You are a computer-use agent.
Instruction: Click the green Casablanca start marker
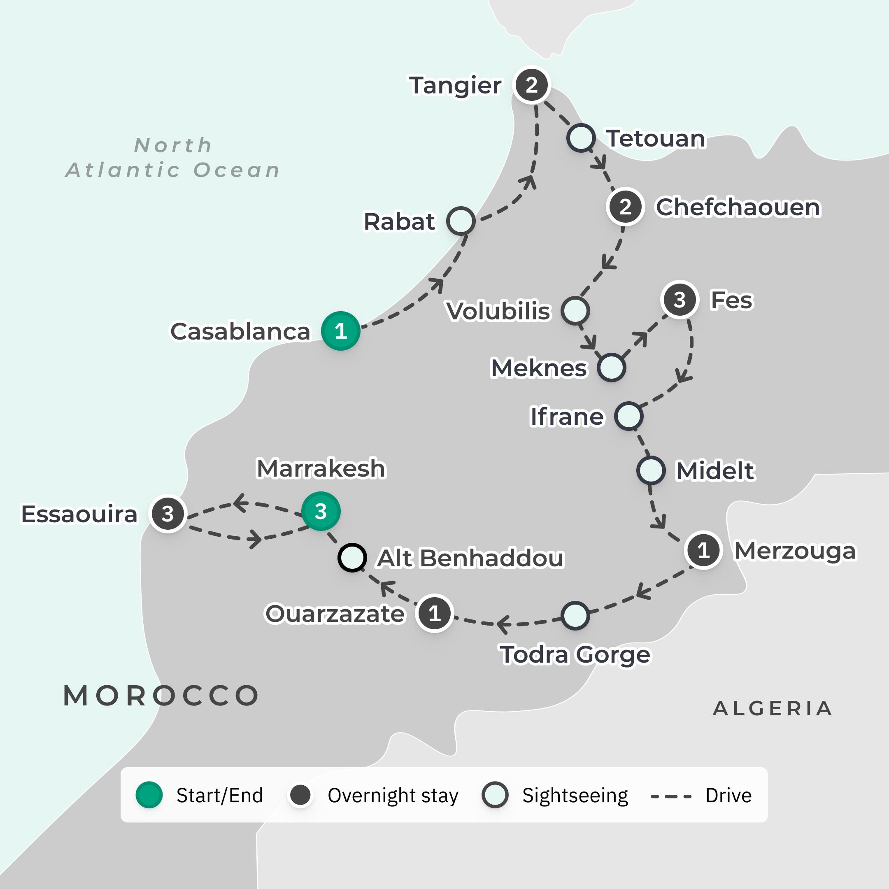tap(340, 331)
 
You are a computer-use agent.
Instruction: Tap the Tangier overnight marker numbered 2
tap(531, 85)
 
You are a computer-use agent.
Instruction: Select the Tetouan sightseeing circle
tap(581, 137)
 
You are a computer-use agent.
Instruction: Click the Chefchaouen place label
tap(738, 207)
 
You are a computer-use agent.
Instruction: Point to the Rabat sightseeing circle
tap(461, 221)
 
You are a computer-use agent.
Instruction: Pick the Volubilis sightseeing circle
tap(575, 311)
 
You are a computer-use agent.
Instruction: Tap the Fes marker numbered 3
tap(679, 300)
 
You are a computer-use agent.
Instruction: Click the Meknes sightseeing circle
tap(611, 368)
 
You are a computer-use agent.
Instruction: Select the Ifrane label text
tap(566, 417)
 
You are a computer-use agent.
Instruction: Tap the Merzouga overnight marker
tap(703, 550)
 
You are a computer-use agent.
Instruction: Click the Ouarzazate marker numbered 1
tap(434, 613)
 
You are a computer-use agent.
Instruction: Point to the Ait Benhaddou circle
tap(352, 558)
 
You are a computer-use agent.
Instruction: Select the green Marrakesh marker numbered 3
tap(321, 511)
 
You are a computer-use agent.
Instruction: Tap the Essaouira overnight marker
tap(168, 514)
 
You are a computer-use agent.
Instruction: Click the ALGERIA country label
tap(773, 709)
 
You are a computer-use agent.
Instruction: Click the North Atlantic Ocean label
tap(173, 157)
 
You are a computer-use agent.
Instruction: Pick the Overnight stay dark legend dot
tap(300, 795)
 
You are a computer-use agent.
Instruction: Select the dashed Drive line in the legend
tap(671, 796)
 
